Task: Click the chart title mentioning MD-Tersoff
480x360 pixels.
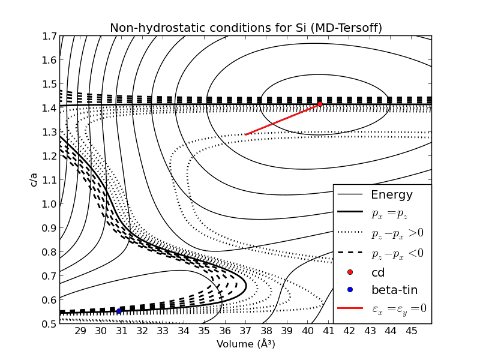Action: click(245, 28)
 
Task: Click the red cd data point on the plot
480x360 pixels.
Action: click(320, 104)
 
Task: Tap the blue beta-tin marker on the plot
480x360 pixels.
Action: click(119, 311)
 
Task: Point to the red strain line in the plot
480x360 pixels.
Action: click(282, 119)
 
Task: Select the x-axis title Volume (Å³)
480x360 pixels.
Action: click(245, 344)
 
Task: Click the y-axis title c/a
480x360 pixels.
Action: click(34, 179)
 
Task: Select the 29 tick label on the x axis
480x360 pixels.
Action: click(80, 331)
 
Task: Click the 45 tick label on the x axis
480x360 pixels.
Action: click(411, 331)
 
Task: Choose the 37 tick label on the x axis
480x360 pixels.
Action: click(246, 331)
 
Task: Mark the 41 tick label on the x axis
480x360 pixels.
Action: click(328, 331)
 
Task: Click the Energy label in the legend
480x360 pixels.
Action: click(392, 195)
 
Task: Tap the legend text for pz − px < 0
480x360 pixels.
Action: click(397, 253)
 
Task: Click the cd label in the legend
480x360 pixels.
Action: click(379, 272)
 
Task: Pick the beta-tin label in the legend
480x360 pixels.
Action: click(394, 290)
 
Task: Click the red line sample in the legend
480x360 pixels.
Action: click(350, 308)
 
